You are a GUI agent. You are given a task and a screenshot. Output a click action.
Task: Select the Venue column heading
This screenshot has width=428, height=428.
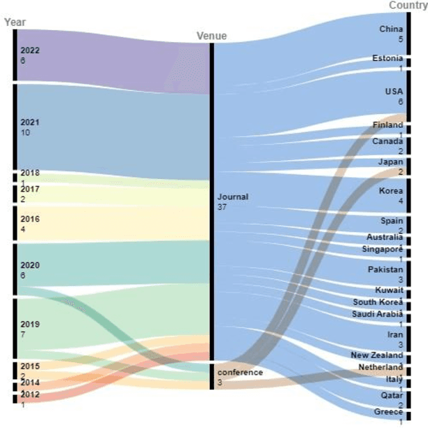coord(211,36)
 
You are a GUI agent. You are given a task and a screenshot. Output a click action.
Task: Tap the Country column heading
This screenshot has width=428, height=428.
coord(408,6)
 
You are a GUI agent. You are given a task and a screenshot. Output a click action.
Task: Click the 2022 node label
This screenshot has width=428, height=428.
coord(30,50)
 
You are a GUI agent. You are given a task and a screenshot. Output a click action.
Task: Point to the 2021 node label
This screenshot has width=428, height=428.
coord(30,122)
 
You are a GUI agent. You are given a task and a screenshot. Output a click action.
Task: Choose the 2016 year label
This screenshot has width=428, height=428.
coord(30,219)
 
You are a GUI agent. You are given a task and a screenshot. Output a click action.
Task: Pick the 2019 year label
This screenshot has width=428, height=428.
coord(30,324)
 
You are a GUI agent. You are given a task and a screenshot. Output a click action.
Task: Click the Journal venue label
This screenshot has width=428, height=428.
coord(232,197)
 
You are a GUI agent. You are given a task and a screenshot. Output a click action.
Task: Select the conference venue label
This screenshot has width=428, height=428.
coord(239,372)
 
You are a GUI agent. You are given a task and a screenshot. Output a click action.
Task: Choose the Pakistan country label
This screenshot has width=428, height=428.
coord(385,269)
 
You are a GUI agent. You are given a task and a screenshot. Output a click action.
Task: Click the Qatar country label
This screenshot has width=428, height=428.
coord(392,395)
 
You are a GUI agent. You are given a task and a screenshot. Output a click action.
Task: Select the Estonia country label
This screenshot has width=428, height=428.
coord(387,59)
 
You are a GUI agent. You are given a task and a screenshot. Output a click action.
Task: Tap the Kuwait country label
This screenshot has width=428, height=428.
coord(389,289)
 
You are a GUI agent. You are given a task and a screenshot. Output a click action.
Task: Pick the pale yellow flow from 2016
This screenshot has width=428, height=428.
coord(112,222)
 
